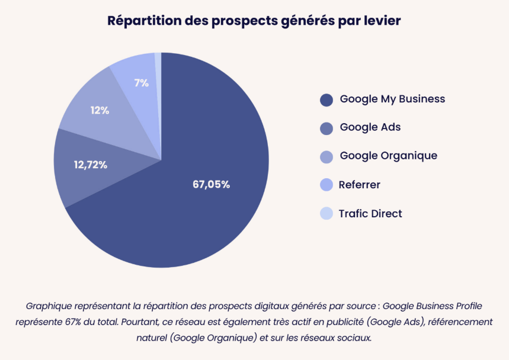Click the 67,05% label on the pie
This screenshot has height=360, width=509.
point(211,184)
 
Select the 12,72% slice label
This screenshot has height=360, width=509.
point(91,165)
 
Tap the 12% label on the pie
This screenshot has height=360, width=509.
point(100,110)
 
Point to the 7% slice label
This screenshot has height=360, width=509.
point(141,83)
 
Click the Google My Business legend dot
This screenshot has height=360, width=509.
point(326,100)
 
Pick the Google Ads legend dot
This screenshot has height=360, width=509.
point(326,128)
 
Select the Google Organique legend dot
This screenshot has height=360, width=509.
point(326,157)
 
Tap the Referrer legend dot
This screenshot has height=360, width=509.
point(326,185)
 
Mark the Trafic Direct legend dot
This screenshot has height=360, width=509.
point(326,214)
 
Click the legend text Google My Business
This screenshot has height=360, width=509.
point(392,99)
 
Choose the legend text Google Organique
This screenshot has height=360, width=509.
point(388,156)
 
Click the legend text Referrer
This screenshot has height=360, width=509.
point(359,185)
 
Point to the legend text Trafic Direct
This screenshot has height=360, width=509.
point(370,213)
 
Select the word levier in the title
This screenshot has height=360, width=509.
point(380,21)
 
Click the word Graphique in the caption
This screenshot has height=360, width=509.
point(47,306)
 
